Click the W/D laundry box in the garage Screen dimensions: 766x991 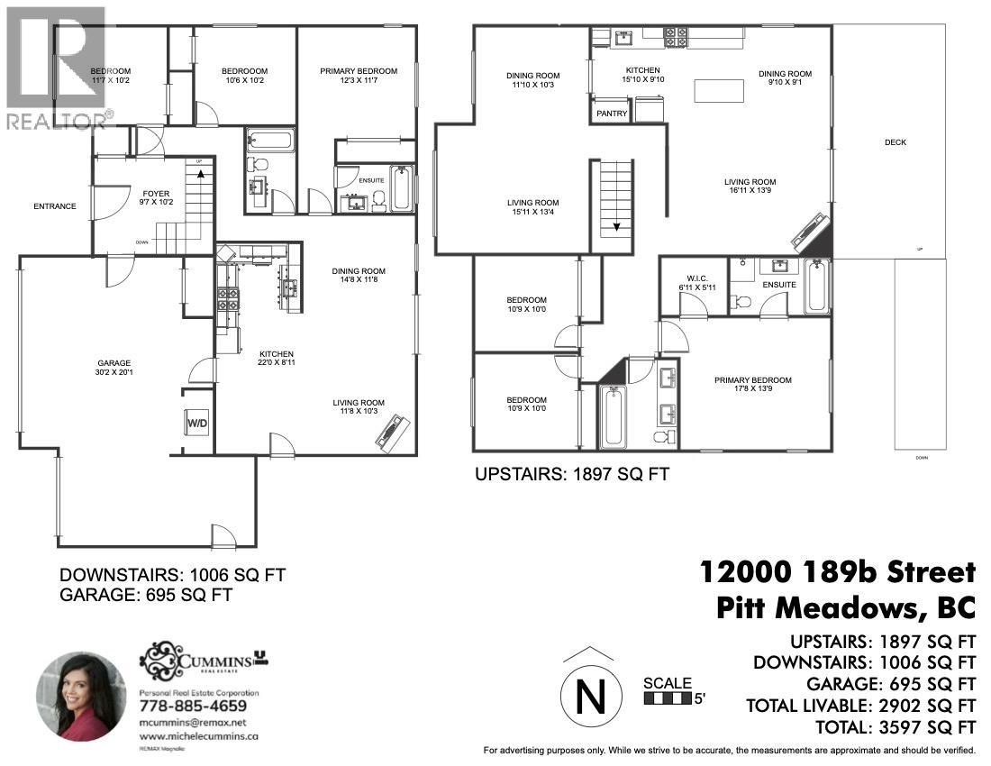click(x=197, y=422)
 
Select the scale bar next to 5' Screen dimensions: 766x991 click(x=667, y=698)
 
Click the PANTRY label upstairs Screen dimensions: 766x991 click(x=611, y=114)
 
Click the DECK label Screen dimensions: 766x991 click(x=895, y=142)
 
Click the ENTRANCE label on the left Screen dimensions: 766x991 click(x=55, y=206)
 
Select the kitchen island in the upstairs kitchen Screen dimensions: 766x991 click(x=718, y=92)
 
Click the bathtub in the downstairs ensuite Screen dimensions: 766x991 click(x=401, y=187)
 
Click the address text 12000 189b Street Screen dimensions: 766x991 click(x=838, y=571)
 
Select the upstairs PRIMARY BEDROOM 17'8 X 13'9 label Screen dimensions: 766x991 click(x=753, y=386)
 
